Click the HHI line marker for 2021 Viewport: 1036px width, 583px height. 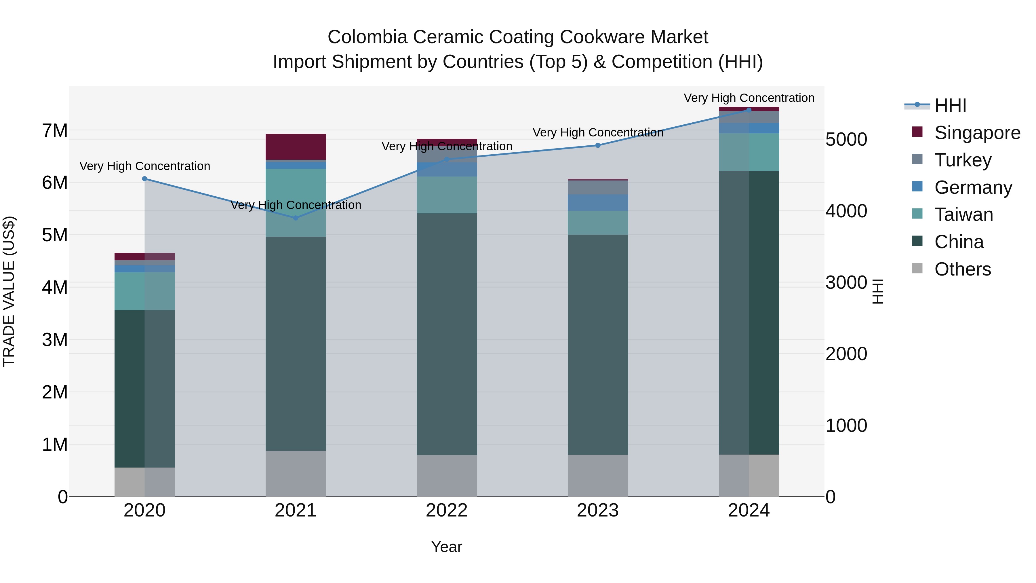click(x=296, y=218)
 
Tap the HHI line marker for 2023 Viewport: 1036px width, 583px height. click(x=598, y=145)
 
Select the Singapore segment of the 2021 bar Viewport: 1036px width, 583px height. click(x=296, y=147)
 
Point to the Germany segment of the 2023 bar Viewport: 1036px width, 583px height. click(x=598, y=202)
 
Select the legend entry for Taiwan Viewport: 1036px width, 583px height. click(x=963, y=214)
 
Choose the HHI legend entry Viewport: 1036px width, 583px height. click(x=950, y=105)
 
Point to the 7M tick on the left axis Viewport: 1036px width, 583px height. click(x=55, y=130)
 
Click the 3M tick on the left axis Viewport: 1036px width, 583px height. click(x=55, y=340)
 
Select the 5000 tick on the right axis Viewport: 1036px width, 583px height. click(x=846, y=140)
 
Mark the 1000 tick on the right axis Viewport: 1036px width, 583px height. click(x=846, y=425)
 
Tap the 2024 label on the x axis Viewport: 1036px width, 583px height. click(x=749, y=510)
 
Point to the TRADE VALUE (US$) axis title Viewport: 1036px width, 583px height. click(x=9, y=291)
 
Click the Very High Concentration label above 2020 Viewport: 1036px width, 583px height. click(x=145, y=166)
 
